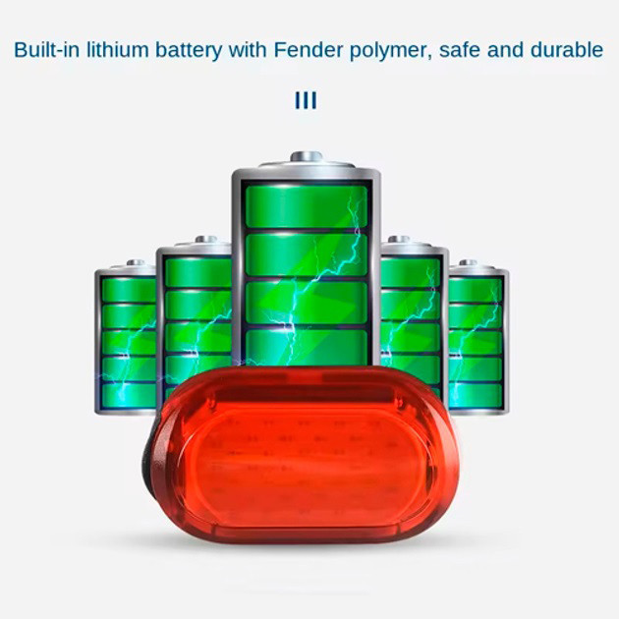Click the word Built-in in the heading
click(46, 50)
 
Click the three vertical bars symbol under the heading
click(306, 101)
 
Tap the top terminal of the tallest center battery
click(306, 157)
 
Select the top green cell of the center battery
click(306, 205)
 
